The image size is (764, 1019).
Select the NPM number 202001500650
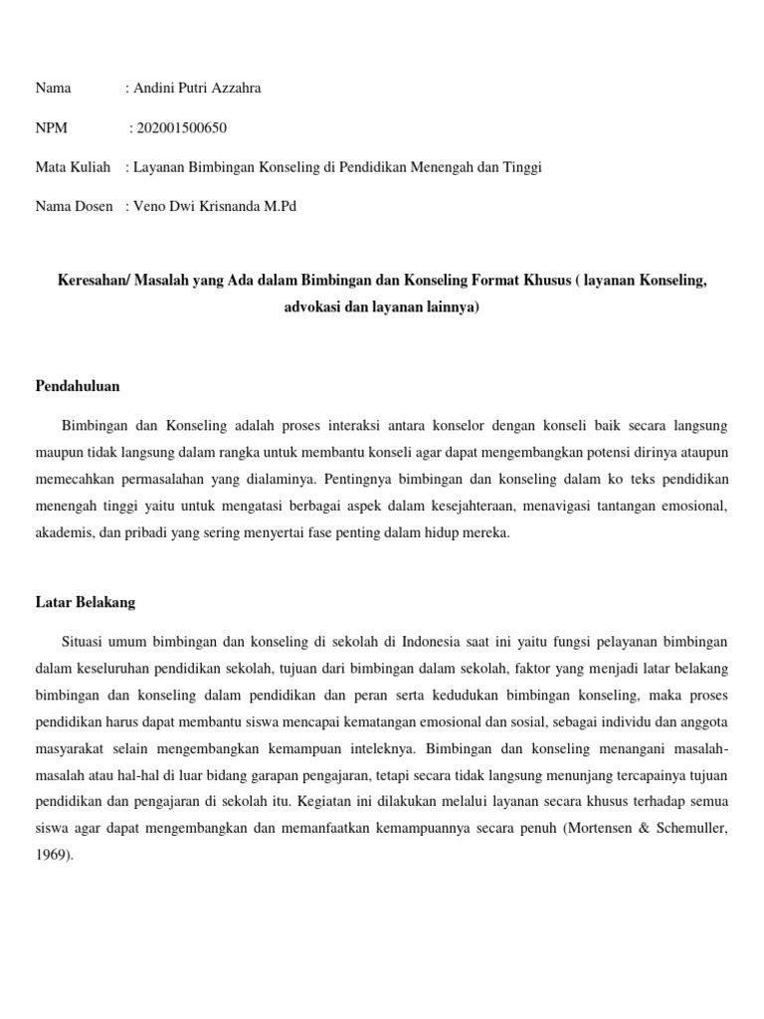(186, 128)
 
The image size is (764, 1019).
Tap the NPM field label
(52, 128)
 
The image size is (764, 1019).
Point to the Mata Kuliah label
(73, 168)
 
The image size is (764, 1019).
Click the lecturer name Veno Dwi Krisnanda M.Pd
(215, 207)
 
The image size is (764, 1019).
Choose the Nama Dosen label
(75, 207)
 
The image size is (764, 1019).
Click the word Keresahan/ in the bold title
(94, 282)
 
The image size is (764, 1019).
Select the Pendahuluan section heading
(78, 386)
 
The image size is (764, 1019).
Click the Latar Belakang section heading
(85, 603)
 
